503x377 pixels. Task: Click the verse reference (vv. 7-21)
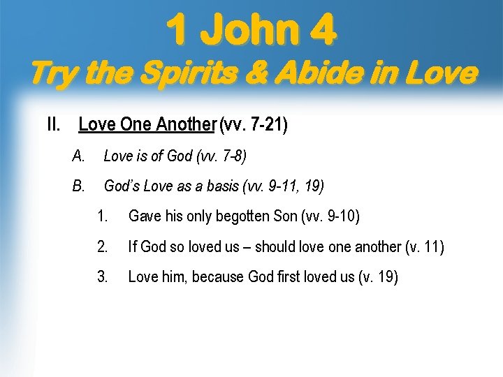pos(253,125)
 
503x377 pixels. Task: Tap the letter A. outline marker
pos(78,156)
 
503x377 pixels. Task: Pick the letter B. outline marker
pos(78,186)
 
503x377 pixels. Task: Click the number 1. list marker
pos(103,216)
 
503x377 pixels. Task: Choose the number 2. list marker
pos(103,246)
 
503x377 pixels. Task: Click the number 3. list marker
pos(103,277)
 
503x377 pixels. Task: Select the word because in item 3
pos(219,277)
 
